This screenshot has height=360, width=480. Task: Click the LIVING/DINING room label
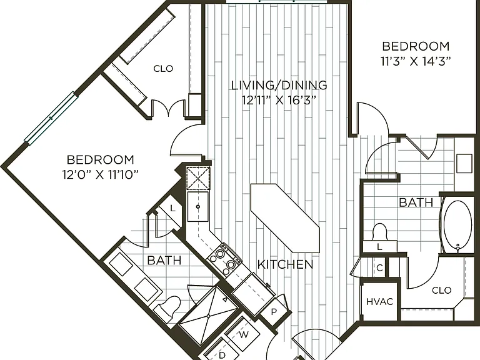[x=279, y=85]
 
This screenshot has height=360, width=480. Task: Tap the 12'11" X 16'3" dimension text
[x=279, y=100]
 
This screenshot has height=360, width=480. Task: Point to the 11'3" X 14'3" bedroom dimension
[x=416, y=61]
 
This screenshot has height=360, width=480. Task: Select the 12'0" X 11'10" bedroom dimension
[x=101, y=175]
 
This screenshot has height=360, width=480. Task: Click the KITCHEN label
[x=285, y=264]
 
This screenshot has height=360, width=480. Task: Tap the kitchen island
[x=285, y=218]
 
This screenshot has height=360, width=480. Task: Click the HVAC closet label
[x=379, y=302]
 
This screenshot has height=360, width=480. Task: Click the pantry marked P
[x=274, y=312]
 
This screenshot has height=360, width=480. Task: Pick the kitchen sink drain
[x=198, y=207]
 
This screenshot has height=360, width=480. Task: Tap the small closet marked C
[x=379, y=268]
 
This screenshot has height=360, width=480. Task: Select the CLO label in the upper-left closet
[x=163, y=69]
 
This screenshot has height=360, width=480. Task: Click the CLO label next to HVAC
[x=441, y=290]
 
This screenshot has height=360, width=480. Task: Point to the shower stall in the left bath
[x=208, y=316]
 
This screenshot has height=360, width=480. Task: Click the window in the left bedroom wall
[x=51, y=118]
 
